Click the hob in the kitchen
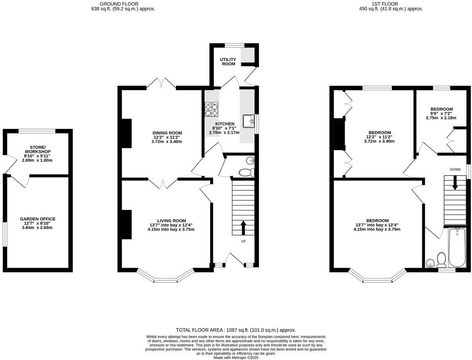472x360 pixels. [x=212, y=110]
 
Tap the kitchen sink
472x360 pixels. [x=248, y=121]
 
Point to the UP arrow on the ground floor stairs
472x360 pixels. [x=244, y=228]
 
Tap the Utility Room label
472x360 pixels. [x=228, y=62]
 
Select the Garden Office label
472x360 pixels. [x=38, y=219]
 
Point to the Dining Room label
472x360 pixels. [x=167, y=133]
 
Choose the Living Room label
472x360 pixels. [x=172, y=221]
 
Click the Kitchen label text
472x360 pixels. [x=225, y=124]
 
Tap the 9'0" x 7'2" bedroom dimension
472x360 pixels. [x=441, y=113]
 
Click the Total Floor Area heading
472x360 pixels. [x=236, y=330]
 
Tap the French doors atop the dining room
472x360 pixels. [x=161, y=83]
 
